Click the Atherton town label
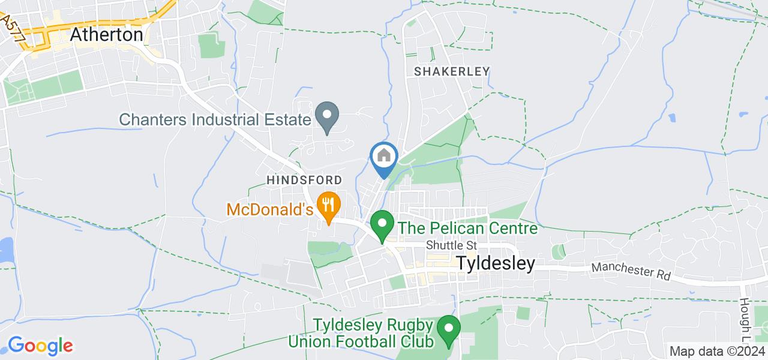tap(106, 35)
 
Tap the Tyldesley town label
tap(496, 263)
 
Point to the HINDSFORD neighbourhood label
tap(304, 180)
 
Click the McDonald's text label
tap(270, 210)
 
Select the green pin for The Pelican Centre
tap(381, 226)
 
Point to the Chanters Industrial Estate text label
tap(215, 119)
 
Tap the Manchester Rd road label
tap(631, 272)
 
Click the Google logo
tap(40, 346)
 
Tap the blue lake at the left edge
tap(5, 251)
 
